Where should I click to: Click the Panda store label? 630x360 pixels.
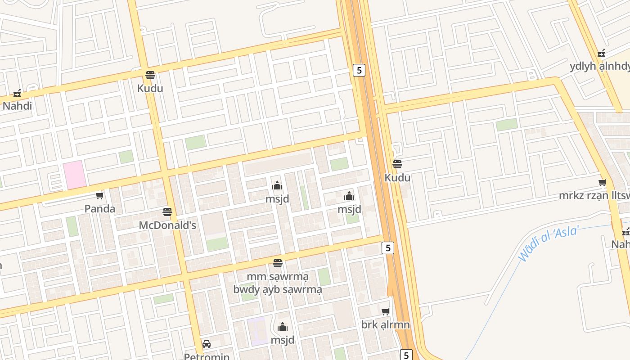click(100, 209)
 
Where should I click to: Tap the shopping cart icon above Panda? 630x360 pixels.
click(100, 196)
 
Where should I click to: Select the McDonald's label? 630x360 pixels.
click(167, 225)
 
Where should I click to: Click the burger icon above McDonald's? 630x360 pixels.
click(167, 212)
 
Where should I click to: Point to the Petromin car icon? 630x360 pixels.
click(207, 344)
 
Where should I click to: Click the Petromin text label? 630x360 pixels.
click(207, 356)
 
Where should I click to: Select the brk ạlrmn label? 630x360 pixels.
click(385, 324)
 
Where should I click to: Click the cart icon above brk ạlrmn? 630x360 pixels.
click(386, 311)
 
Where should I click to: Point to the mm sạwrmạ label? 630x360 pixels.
click(278, 276)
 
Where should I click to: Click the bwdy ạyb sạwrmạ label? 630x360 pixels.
click(278, 289)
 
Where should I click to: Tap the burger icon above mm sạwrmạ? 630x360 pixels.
click(278, 263)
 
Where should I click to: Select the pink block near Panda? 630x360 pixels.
click(74, 175)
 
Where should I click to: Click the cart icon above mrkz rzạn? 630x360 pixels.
click(603, 183)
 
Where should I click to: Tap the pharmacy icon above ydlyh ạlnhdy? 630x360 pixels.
click(601, 54)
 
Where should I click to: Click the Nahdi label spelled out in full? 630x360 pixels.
click(17, 106)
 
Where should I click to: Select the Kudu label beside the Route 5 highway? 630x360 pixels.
click(397, 178)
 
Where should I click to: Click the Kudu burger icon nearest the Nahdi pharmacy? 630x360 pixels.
click(150, 75)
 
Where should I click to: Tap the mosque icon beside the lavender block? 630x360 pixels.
click(283, 327)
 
